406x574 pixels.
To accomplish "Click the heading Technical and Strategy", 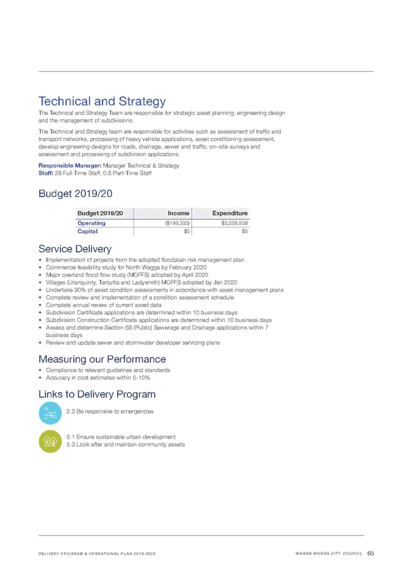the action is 102,102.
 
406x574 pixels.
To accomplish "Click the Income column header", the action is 178,213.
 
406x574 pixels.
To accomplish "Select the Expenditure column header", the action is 230,213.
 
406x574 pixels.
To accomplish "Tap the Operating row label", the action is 92,223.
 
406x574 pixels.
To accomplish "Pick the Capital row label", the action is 87,231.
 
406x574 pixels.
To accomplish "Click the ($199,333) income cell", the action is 178,223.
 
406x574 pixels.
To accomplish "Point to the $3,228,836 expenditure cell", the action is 235,223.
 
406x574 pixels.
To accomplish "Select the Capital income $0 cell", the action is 186,231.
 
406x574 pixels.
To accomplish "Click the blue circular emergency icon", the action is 50,413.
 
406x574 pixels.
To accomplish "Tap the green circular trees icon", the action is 50,441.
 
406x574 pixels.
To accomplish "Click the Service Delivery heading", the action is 75,249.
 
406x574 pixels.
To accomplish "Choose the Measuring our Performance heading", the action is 102,359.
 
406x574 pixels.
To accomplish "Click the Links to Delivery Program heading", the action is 97,394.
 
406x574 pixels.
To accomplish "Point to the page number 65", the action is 371,553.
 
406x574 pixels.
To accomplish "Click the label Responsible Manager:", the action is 70,165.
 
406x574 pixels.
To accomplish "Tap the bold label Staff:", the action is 46,173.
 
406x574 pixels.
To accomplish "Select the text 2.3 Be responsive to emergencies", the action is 110,412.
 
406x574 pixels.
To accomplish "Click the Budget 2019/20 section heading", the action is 75,194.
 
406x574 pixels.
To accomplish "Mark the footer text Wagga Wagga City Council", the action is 329,554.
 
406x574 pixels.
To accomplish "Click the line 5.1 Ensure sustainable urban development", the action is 121,437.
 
